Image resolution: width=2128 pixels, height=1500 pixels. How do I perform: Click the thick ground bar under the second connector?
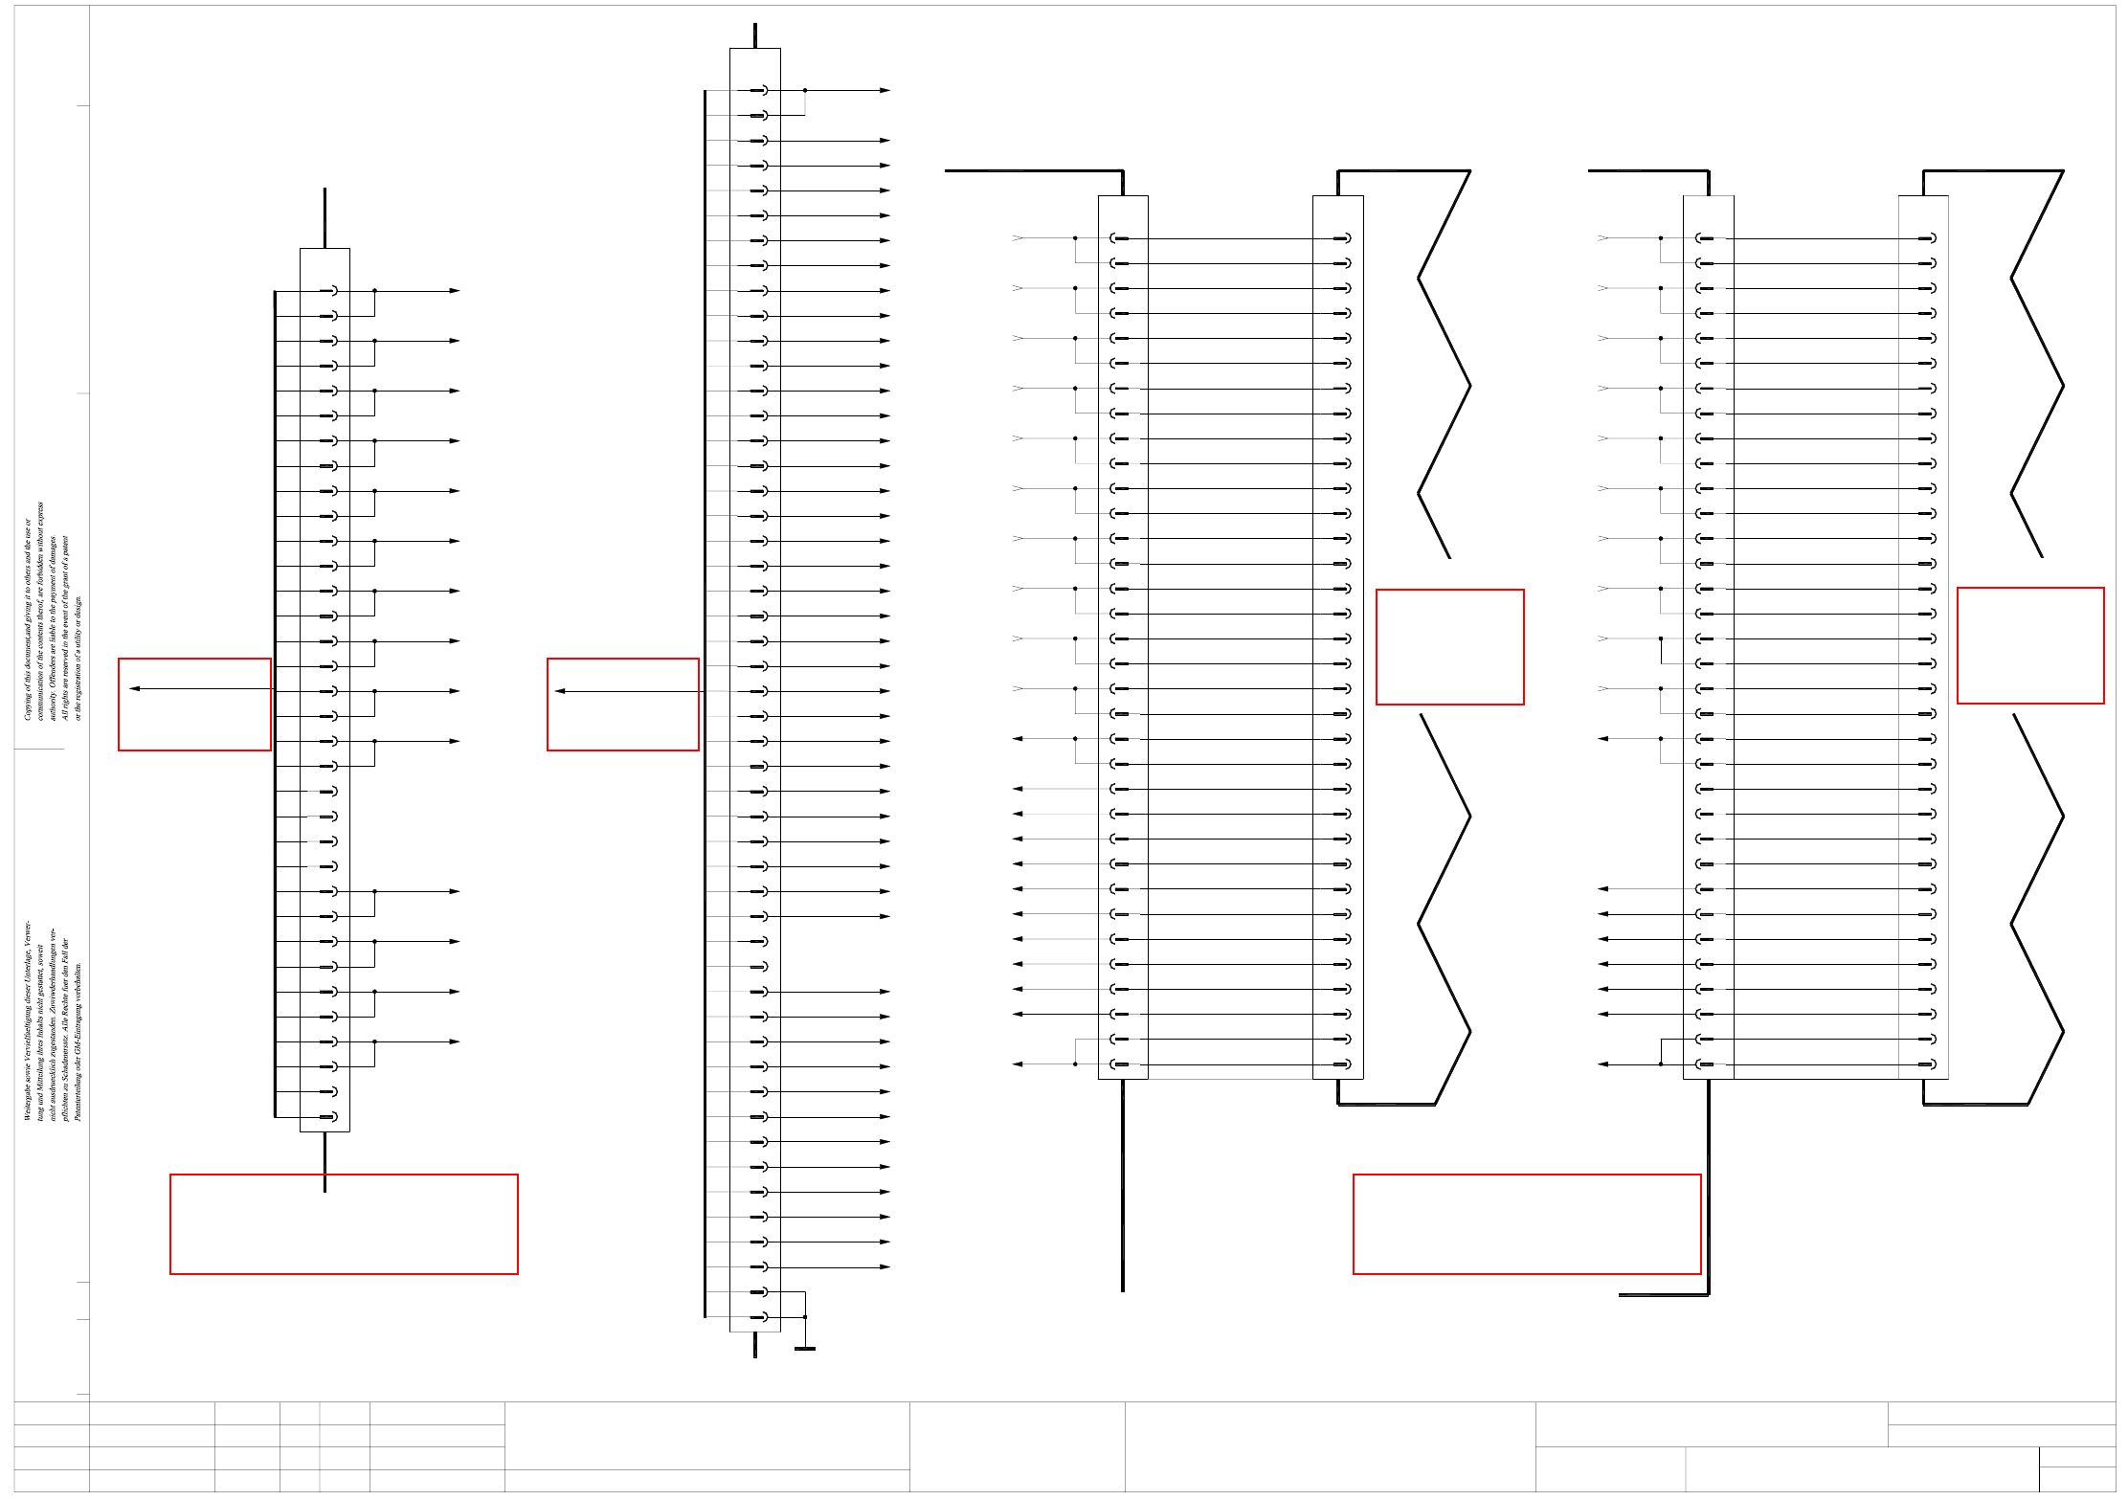(805, 1349)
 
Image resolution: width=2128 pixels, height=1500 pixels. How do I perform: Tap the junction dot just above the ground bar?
(805, 1317)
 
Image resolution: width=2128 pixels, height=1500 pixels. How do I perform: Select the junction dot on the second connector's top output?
(805, 90)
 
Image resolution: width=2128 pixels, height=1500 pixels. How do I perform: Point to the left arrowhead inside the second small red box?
(560, 691)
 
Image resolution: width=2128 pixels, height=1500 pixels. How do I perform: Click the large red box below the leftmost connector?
(344, 1224)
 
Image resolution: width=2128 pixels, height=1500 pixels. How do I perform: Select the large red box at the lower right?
(1527, 1224)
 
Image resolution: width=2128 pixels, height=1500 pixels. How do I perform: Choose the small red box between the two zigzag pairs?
(1449, 647)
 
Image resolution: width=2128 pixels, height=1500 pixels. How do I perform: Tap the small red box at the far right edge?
(2030, 645)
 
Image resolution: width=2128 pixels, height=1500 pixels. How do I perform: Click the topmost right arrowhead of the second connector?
(885, 90)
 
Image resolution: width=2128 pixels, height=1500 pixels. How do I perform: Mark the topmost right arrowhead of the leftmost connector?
(455, 290)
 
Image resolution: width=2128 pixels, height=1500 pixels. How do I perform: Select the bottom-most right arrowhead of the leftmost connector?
(455, 1041)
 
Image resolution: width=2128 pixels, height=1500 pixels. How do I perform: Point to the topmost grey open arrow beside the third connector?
(1018, 237)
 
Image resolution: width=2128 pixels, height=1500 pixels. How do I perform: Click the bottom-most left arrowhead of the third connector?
(1018, 1063)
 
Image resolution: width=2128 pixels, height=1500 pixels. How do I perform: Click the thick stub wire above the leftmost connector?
(325, 218)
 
